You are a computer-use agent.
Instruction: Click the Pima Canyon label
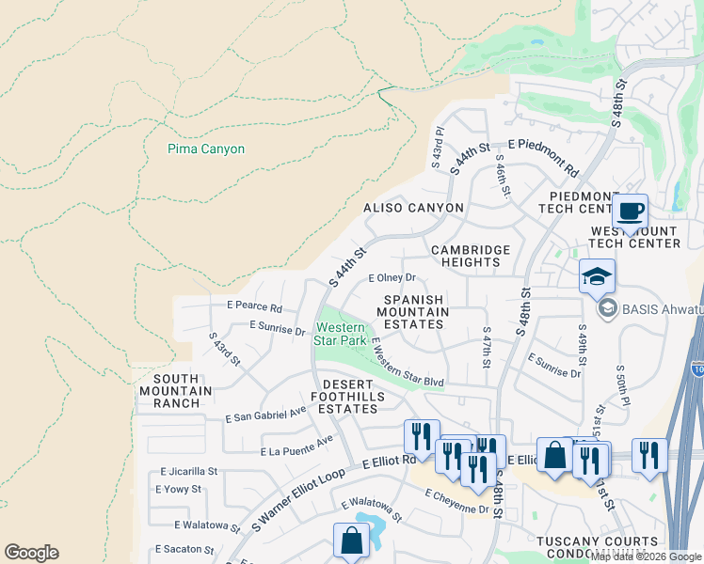coord(205,149)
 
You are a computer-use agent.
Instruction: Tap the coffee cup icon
coord(630,211)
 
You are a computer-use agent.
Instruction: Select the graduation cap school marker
coord(597,276)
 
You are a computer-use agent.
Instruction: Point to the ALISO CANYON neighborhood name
coord(414,208)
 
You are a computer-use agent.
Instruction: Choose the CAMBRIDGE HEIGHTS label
coord(471,256)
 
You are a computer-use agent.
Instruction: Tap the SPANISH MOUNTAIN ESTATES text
coord(413,311)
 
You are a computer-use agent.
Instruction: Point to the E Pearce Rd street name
coord(254,307)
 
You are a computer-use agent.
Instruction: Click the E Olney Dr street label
coord(392,278)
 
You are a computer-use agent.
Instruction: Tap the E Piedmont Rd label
coord(543,157)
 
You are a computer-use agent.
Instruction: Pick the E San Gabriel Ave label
coord(266,413)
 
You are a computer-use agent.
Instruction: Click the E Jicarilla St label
coord(189,471)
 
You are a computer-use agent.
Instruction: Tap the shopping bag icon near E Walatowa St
coord(351,540)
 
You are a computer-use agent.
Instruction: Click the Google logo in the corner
coord(31,553)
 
